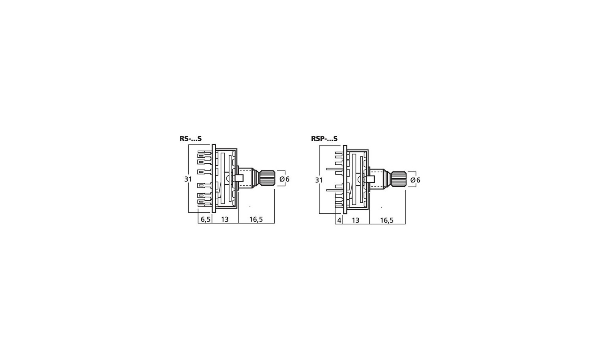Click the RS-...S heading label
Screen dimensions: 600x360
(190, 139)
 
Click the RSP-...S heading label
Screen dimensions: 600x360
(324, 139)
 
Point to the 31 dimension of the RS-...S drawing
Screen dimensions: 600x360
(188, 179)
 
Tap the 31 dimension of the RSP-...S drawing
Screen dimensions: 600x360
(319, 180)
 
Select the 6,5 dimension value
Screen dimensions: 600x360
(206, 219)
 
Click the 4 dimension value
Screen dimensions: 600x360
(339, 220)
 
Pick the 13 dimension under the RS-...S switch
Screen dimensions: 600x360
(225, 219)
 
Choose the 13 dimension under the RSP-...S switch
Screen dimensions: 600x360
(356, 220)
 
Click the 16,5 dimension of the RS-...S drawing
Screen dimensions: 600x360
(256, 219)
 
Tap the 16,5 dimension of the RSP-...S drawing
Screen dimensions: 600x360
(387, 220)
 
